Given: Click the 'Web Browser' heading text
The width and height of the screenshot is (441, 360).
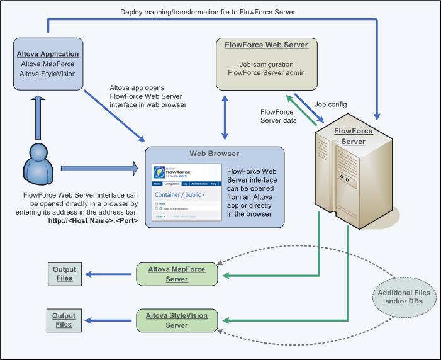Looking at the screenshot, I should [215, 154].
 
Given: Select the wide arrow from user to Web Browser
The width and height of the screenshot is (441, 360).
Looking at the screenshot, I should [98, 168].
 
